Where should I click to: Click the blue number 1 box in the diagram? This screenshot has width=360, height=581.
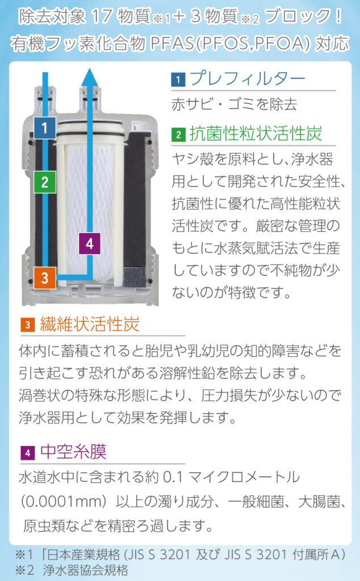click(44, 128)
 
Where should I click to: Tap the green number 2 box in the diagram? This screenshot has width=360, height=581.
click(44, 182)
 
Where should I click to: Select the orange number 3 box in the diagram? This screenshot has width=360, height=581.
click(44, 278)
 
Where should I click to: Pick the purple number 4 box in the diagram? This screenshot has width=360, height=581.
click(90, 243)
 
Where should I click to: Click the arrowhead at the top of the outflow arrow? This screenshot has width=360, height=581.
click(90, 77)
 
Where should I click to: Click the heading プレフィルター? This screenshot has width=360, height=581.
click(248, 78)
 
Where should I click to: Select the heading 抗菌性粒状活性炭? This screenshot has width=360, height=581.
click(256, 133)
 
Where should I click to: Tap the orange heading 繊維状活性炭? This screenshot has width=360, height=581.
click(89, 324)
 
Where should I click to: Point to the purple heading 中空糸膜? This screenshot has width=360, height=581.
click(73, 451)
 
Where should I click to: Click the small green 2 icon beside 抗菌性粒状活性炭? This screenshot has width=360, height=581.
click(178, 134)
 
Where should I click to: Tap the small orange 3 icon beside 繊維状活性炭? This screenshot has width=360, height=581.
click(27, 325)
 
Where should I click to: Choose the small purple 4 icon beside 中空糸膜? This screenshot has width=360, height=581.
click(27, 452)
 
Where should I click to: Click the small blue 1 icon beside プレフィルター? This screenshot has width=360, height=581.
click(178, 79)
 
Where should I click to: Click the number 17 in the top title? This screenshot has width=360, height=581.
click(100, 16)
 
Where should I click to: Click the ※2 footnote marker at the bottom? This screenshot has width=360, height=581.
click(24, 570)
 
